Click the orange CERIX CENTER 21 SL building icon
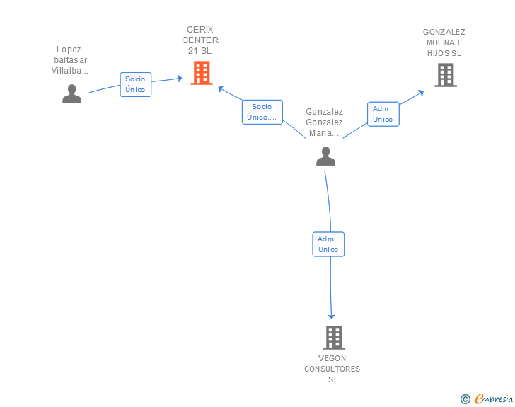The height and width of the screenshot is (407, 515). [x=202, y=73]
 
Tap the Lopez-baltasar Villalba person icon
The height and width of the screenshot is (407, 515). [x=71, y=94]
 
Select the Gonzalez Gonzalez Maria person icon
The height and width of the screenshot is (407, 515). [x=325, y=156]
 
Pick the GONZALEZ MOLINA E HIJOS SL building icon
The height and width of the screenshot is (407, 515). [x=446, y=75]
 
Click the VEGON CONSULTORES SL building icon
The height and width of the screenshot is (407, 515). [x=334, y=338]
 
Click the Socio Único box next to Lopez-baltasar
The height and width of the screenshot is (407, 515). [x=135, y=84]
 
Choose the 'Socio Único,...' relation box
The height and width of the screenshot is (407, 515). [x=262, y=112]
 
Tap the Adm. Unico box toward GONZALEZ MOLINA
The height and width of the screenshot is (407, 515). [x=383, y=114]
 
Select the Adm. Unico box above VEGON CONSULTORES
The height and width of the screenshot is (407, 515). [x=328, y=244]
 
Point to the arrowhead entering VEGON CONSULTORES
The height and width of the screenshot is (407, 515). [x=331, y=316]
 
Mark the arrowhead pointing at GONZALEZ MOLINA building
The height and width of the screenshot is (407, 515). [x=421, y=93]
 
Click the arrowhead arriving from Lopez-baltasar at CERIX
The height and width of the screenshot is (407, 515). [x=180, y=79]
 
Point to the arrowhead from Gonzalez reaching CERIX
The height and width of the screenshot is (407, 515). [x=221, y=88]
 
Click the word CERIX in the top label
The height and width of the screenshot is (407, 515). [x=200, y=30]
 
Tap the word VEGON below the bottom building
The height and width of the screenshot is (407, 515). [x=332, y=358]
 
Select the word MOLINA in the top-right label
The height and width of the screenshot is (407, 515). [x=441, y=42]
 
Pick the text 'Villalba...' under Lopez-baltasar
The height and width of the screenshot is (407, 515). [x=69, y=71]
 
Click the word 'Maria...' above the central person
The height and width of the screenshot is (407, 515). [x=324, y=133]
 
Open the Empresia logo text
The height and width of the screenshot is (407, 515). [x=494, y=399]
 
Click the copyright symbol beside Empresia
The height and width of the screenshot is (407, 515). [x=465, y=399]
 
